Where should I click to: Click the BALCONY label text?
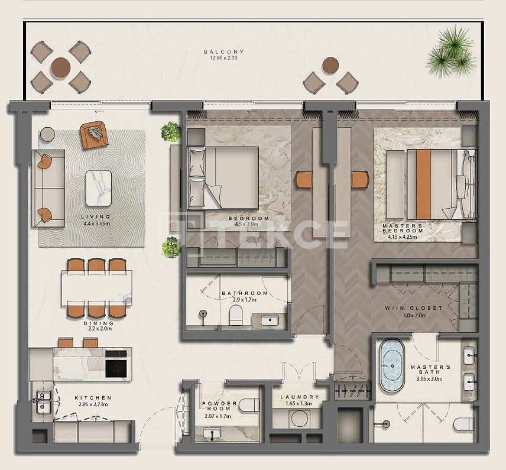(x=223, y=52)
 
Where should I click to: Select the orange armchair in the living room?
(x=93, y=135)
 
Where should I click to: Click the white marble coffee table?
(x=98, y=188)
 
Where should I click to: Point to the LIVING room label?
(x=96, y=217)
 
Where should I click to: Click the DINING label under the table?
(x=98, y=323)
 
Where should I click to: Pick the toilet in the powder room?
(x=248, y=405)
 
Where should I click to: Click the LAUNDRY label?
(x=300, y=397)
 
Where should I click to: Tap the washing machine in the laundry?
(x=299, y=417)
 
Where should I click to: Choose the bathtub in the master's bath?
(x=392, y=365)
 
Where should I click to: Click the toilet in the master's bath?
(x=465, y=424)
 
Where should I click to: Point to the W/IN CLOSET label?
(x=422, y=308)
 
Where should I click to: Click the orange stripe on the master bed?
(x=423, y=184)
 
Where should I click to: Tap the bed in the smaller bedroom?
(x=223, y=177)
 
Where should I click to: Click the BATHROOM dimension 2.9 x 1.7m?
(x=245, y=300)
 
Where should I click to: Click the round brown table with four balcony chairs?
(x=60, y=67)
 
